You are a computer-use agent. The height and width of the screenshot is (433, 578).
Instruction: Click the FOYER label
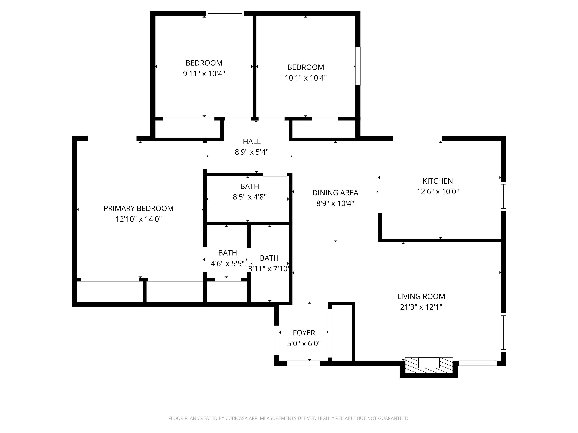click(x=304, y=333)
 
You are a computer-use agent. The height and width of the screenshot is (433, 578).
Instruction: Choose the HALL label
click(x=252, y=141)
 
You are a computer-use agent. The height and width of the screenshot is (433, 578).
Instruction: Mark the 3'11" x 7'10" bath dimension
click(x=269, y=269)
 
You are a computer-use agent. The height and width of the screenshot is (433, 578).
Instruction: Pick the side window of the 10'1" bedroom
click(x=358, y=66)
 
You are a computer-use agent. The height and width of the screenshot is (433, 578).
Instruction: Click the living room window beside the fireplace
click(x=478, y=363)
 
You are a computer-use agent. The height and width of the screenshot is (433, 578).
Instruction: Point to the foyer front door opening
click(x=303, y=363)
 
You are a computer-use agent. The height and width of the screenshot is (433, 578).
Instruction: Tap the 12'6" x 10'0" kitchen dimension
click(x=438, y=192)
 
